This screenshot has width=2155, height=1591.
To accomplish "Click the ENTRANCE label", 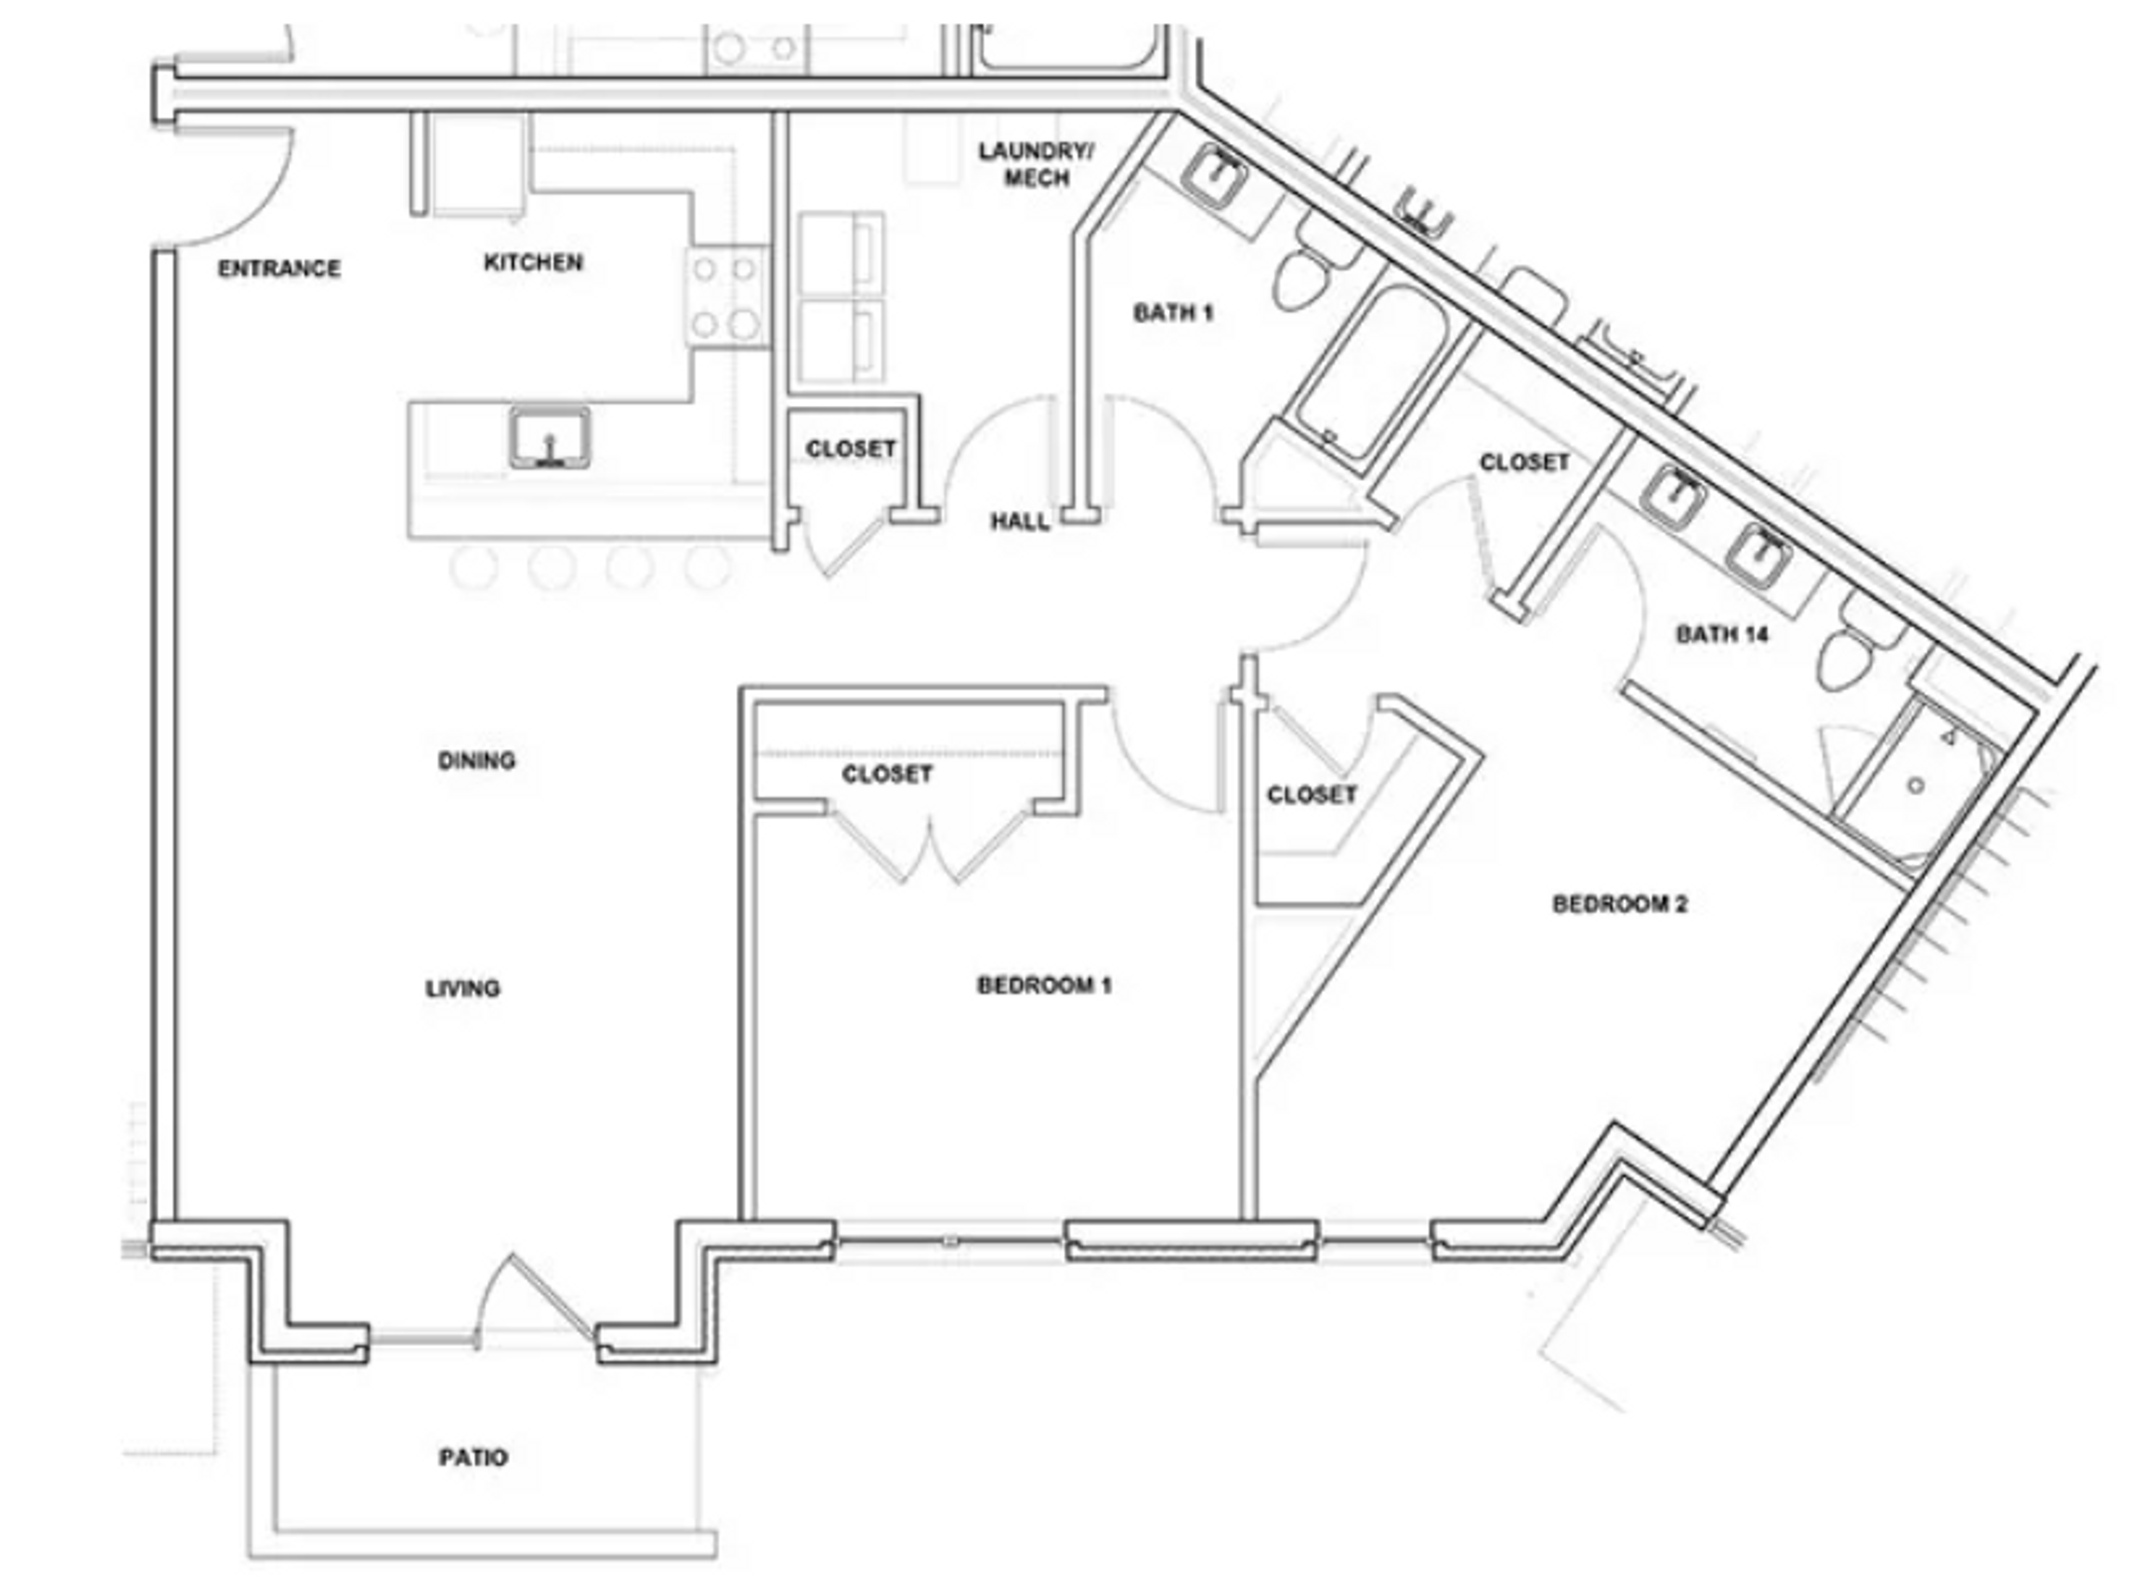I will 278,269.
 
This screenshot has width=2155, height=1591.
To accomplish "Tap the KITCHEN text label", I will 533,262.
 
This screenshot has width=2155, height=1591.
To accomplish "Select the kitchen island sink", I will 550,438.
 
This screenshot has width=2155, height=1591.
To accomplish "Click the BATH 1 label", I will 1172,313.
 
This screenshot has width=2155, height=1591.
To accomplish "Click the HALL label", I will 1019,522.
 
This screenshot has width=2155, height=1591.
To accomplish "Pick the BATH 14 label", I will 1721,633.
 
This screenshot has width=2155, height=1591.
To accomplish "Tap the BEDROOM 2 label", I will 1620,903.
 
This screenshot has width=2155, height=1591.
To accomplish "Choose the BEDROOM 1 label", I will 1043,985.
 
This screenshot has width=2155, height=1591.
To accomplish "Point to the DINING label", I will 476,761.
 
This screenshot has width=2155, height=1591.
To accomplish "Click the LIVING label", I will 462,988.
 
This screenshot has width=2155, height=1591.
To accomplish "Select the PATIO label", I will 473,1457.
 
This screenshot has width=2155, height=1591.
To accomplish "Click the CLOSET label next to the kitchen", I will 851,449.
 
